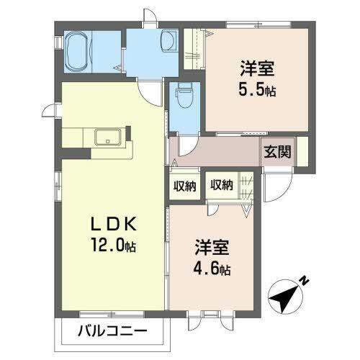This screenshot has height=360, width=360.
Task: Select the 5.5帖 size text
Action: coord(257,91)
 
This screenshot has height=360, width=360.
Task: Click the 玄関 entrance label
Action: coord(277,152)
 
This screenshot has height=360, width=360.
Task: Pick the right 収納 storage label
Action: coord(222,185)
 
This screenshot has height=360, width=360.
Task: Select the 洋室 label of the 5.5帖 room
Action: coord(257,71)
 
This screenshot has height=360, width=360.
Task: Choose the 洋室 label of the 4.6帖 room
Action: coord(211,248)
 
